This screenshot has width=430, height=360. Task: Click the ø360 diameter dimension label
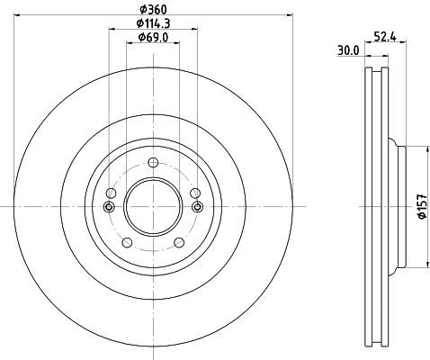click(x=153, y=10)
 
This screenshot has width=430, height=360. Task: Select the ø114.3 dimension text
click(x=153, y=23)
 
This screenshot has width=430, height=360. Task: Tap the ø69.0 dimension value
click(x=153, y=38)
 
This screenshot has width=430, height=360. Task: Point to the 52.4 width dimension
click(x=385, y=37)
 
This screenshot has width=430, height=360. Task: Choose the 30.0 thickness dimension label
click(x=348, y=50)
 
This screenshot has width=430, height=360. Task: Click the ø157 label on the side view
click(x=422, y=206)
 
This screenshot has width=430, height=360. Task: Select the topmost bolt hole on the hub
click(x=153, y=163)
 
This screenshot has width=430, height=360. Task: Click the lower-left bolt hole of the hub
click(x=128, y=242)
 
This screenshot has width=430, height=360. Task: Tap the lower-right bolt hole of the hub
click(x=179, y=242)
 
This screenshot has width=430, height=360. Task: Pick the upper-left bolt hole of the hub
click(x=112, y=193)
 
